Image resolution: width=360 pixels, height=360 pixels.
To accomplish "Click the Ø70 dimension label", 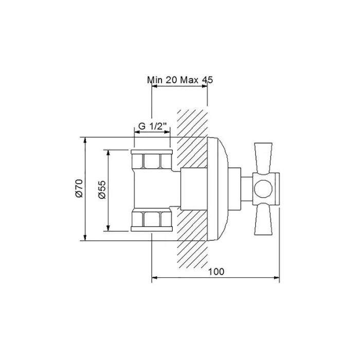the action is (79, 188).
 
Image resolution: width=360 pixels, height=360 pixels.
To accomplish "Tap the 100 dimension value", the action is (216, 272).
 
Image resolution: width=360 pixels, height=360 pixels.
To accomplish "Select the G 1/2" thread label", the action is (152, 127).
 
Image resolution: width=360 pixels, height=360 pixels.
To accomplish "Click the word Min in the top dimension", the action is (155, 80).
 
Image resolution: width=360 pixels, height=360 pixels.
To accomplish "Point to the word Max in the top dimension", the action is (189, 80).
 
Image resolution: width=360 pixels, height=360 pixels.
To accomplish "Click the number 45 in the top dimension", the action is (208, 80).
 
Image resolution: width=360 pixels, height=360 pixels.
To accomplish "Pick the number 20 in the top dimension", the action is (171, 80).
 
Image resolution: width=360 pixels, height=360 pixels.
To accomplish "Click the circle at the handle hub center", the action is (263, 189).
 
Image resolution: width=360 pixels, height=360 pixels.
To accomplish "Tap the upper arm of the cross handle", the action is (263, 158).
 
